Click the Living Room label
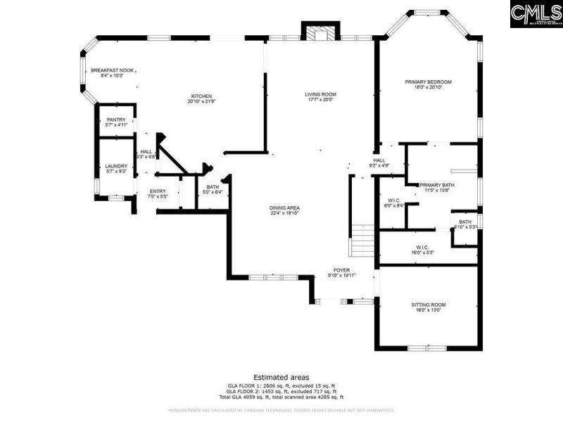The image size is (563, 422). point(320,96)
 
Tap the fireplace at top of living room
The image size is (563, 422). point(320,32)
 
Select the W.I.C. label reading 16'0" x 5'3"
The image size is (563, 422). point(422,250)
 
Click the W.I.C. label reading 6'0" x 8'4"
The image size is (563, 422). point(393,203)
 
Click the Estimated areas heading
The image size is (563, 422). point(281,378)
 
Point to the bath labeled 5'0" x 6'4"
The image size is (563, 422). point(213,189)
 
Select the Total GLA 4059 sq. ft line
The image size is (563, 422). point(281,397)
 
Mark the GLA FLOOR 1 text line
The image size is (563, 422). point(281,386)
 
